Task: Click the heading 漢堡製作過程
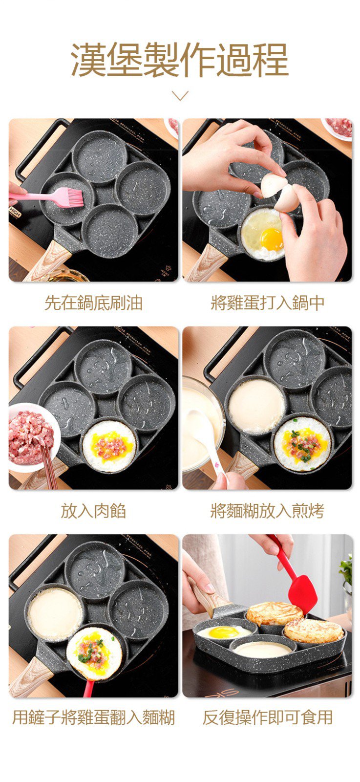(180, 59)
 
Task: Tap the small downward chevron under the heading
(180, 95)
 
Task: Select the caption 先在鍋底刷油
(93, 303)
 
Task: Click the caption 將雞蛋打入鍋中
(268, 303)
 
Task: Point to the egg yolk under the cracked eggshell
(272, 239)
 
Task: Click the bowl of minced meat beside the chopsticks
(33, 437)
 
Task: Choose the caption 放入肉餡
(93, 511)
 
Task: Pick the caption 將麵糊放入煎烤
(268, 511)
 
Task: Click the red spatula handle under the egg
(89, 688)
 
